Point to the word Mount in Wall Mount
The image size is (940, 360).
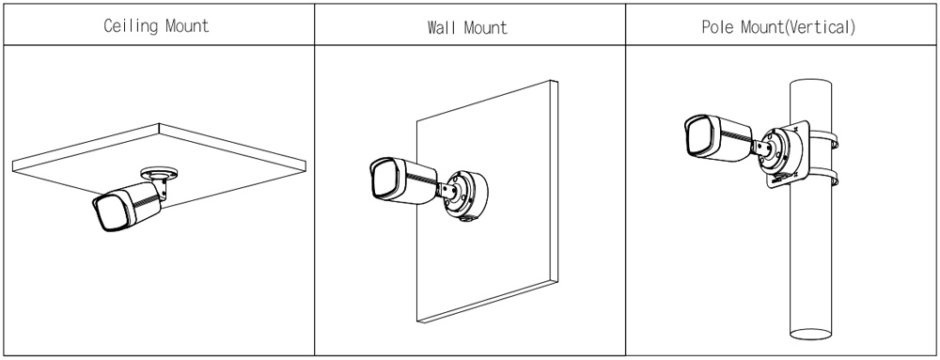(486, 27)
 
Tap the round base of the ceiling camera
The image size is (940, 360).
(160, 173)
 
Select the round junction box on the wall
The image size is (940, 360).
(466, 196)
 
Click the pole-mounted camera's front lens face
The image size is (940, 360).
(698, 135)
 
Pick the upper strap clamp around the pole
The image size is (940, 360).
(825, 141)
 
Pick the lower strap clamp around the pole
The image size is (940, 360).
(825, 178)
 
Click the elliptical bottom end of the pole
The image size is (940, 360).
(811, 334)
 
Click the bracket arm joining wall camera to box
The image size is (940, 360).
(449, 190)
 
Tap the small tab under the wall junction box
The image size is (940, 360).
(465, 219)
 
